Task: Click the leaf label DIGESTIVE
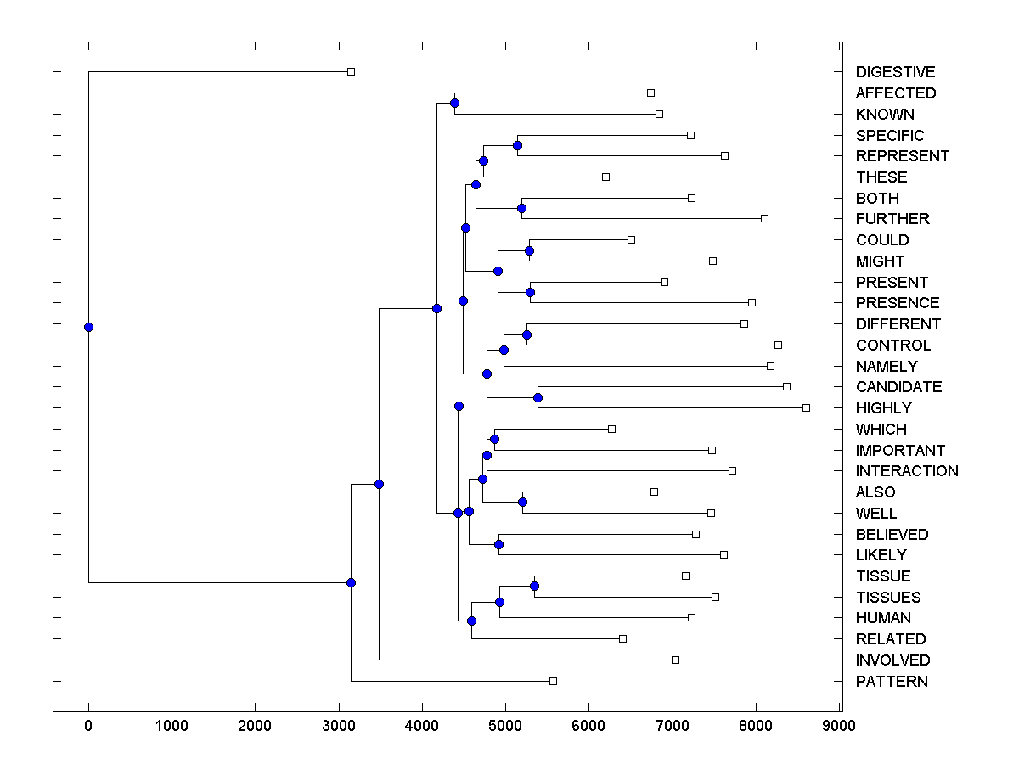coord(895,72)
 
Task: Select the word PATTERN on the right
coord(892,682)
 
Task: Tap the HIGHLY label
coord(883,408)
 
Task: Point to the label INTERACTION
coord(907,471)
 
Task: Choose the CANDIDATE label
coord(898,387)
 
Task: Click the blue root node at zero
coord(88,327)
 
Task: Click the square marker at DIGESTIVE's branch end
coord(351,71)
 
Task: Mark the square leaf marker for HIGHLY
coord(806,407)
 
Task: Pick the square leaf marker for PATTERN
coord(553,681)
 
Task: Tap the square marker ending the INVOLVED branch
coord(675,660)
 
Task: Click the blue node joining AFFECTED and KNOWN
coord(454,103)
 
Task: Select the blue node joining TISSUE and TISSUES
coord(534,586)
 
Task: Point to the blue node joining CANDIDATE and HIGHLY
coord(538,397)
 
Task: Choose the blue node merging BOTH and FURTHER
coord(521,208)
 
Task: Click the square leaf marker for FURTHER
coord(764,218)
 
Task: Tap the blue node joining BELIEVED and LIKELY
coord(499,544)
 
